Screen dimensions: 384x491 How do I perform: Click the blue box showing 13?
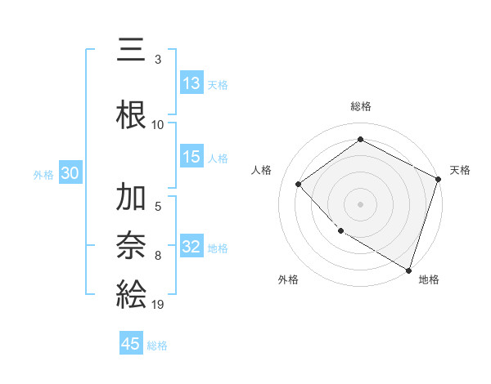coord(191,83)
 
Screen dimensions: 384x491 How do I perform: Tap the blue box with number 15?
coord(191,157)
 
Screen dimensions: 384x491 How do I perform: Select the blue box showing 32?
coord(191,247)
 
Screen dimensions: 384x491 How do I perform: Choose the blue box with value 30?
coord(70,173)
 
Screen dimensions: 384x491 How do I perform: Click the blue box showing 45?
coord(131,344)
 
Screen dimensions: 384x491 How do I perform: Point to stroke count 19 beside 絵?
coord(158,304)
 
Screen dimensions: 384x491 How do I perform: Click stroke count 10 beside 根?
coord(158,124)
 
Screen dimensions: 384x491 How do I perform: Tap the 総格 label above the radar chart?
coord(360,106)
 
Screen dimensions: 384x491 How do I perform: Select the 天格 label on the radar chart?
coord(460,170)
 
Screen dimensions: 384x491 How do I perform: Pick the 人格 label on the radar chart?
coord(262,170)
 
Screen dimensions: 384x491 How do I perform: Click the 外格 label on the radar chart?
coord(288,279)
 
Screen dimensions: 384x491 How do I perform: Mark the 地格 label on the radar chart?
coord(429,279)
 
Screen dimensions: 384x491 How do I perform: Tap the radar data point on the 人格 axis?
coord(299,184)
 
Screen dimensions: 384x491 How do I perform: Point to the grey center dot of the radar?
coord(360,203)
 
